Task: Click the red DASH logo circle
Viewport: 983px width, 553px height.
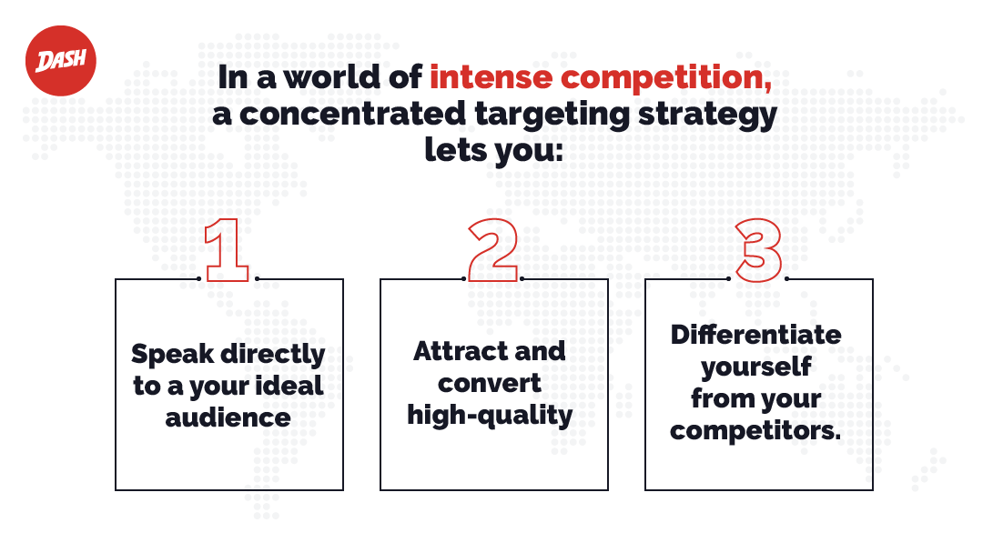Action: pos(61,61)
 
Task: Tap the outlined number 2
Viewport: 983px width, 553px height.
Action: pos(493,250)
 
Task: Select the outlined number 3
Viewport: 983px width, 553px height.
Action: pos(759,250)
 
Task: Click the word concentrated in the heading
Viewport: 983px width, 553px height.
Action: pos(352,114)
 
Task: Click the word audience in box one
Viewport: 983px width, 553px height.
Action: pos(228,417)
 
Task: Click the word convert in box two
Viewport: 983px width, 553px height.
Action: pos(490,383)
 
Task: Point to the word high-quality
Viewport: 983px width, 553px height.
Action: pos(490,417)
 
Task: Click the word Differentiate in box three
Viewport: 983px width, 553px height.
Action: pos(756,335)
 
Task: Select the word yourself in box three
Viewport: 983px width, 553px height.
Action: pos(756,367)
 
